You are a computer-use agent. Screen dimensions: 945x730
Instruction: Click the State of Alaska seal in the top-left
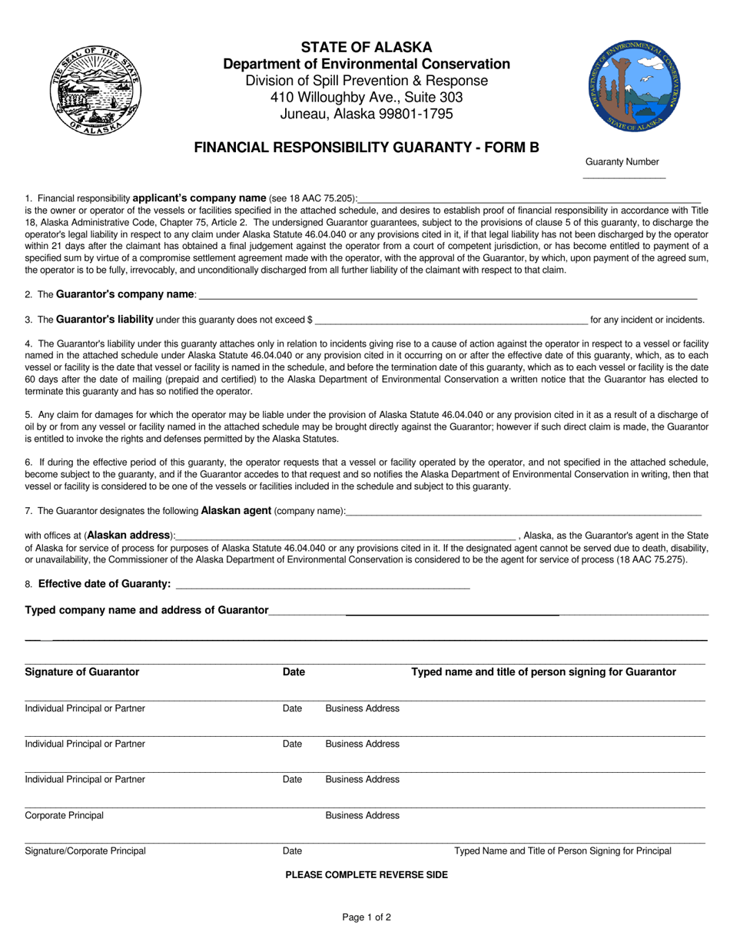tap(95, 90)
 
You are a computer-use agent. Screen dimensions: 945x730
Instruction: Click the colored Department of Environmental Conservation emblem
tap(635, 85)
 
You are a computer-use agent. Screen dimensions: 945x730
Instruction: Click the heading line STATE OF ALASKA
tap(366, 47)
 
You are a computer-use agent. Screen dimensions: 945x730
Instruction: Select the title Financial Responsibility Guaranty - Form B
tap(366, 147)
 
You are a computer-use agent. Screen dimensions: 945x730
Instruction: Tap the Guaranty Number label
tap(622, 161)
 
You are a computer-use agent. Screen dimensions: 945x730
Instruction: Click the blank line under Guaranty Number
tap(624, 177)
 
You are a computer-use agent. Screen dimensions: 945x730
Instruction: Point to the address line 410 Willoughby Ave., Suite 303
tap(366, 98)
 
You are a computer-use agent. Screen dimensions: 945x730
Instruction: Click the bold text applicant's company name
tap(200, 197)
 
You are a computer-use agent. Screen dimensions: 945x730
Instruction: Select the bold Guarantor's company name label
tap(126, 294)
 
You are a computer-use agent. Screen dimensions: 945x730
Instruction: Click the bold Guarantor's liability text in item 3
tap(105, 320)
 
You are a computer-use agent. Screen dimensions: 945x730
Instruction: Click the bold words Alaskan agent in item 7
tap(236, 510)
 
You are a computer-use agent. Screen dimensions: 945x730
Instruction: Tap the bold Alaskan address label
tap(128, 535)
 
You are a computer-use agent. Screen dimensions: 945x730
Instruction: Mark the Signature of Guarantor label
tap(82, 671)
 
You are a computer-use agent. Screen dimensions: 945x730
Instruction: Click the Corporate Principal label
tap(65, 815)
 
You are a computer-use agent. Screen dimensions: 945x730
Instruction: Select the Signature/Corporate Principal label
tap(85, 850)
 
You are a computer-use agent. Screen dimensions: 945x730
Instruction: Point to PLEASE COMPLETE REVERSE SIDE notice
tap(366, 874)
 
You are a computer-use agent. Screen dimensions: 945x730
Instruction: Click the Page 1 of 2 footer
tap(366, 917)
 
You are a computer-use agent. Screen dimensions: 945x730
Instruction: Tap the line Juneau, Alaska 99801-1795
tap(366, 114)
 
